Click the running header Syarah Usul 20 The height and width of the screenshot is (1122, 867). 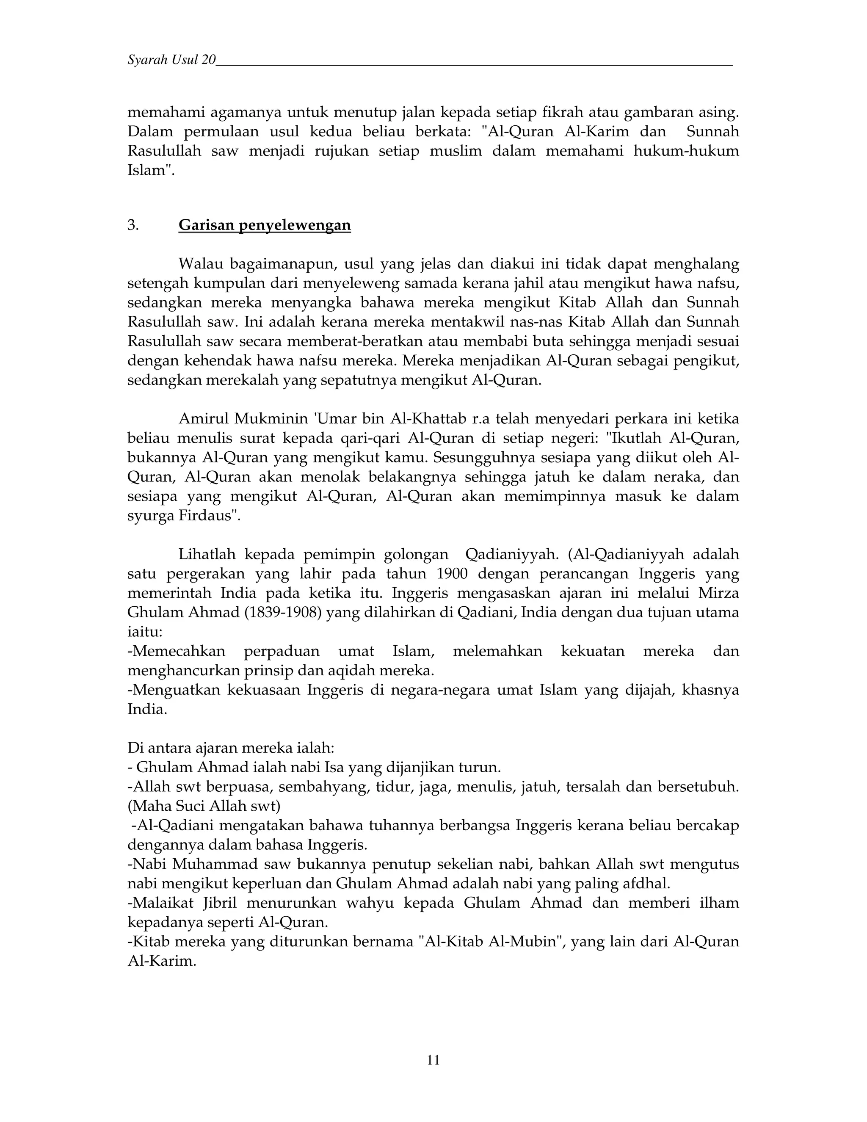coord(171,60)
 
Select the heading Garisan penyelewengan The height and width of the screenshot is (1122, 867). coord(265,225)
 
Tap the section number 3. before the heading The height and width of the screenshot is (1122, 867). coord(133,225)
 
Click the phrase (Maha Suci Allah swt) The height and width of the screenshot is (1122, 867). coord(204,806)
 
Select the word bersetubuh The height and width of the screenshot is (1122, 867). coord(707,787)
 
